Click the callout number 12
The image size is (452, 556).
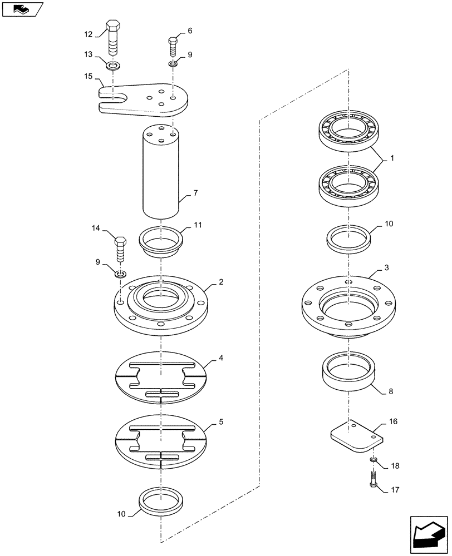click(x=88, y=34)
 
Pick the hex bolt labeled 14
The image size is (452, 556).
click(x=120, y=249)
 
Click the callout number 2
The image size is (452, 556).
click(x=221, y=282)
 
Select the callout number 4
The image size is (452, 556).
click(x=221, y=359)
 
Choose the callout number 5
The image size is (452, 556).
click(x=221, y=422)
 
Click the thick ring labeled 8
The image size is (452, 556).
click(x=350, y=374)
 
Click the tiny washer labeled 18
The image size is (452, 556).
click(x=372, y=460)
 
